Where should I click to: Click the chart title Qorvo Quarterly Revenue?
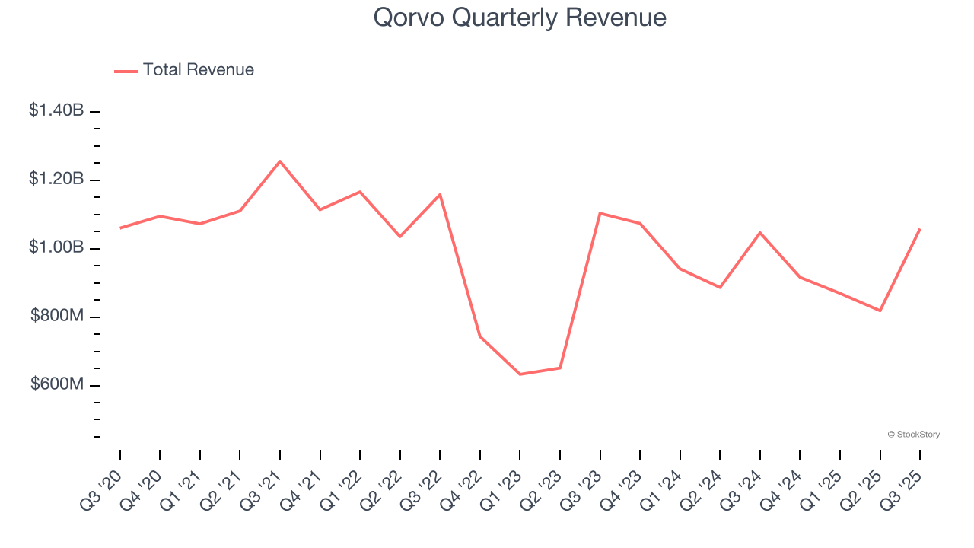(520, 18)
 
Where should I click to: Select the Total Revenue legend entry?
(184, 70)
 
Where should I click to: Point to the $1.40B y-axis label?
(56, 110)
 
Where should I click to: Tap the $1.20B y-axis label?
(56, 179)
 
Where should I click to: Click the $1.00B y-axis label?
(56, 247)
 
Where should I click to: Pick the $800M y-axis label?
(57, 316)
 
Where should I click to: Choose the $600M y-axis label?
(57, 384)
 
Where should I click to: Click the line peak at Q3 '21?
(280, 161)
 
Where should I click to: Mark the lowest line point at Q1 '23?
(520, 374)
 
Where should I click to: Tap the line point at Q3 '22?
(440, 195)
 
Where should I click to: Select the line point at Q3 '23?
(600, 213)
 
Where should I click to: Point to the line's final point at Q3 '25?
(920, 229)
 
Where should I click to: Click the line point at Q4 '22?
(480, 336)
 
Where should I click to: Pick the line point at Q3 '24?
(760, 233)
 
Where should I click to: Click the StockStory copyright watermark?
(913, 435)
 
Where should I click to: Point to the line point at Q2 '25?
(880, 311)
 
